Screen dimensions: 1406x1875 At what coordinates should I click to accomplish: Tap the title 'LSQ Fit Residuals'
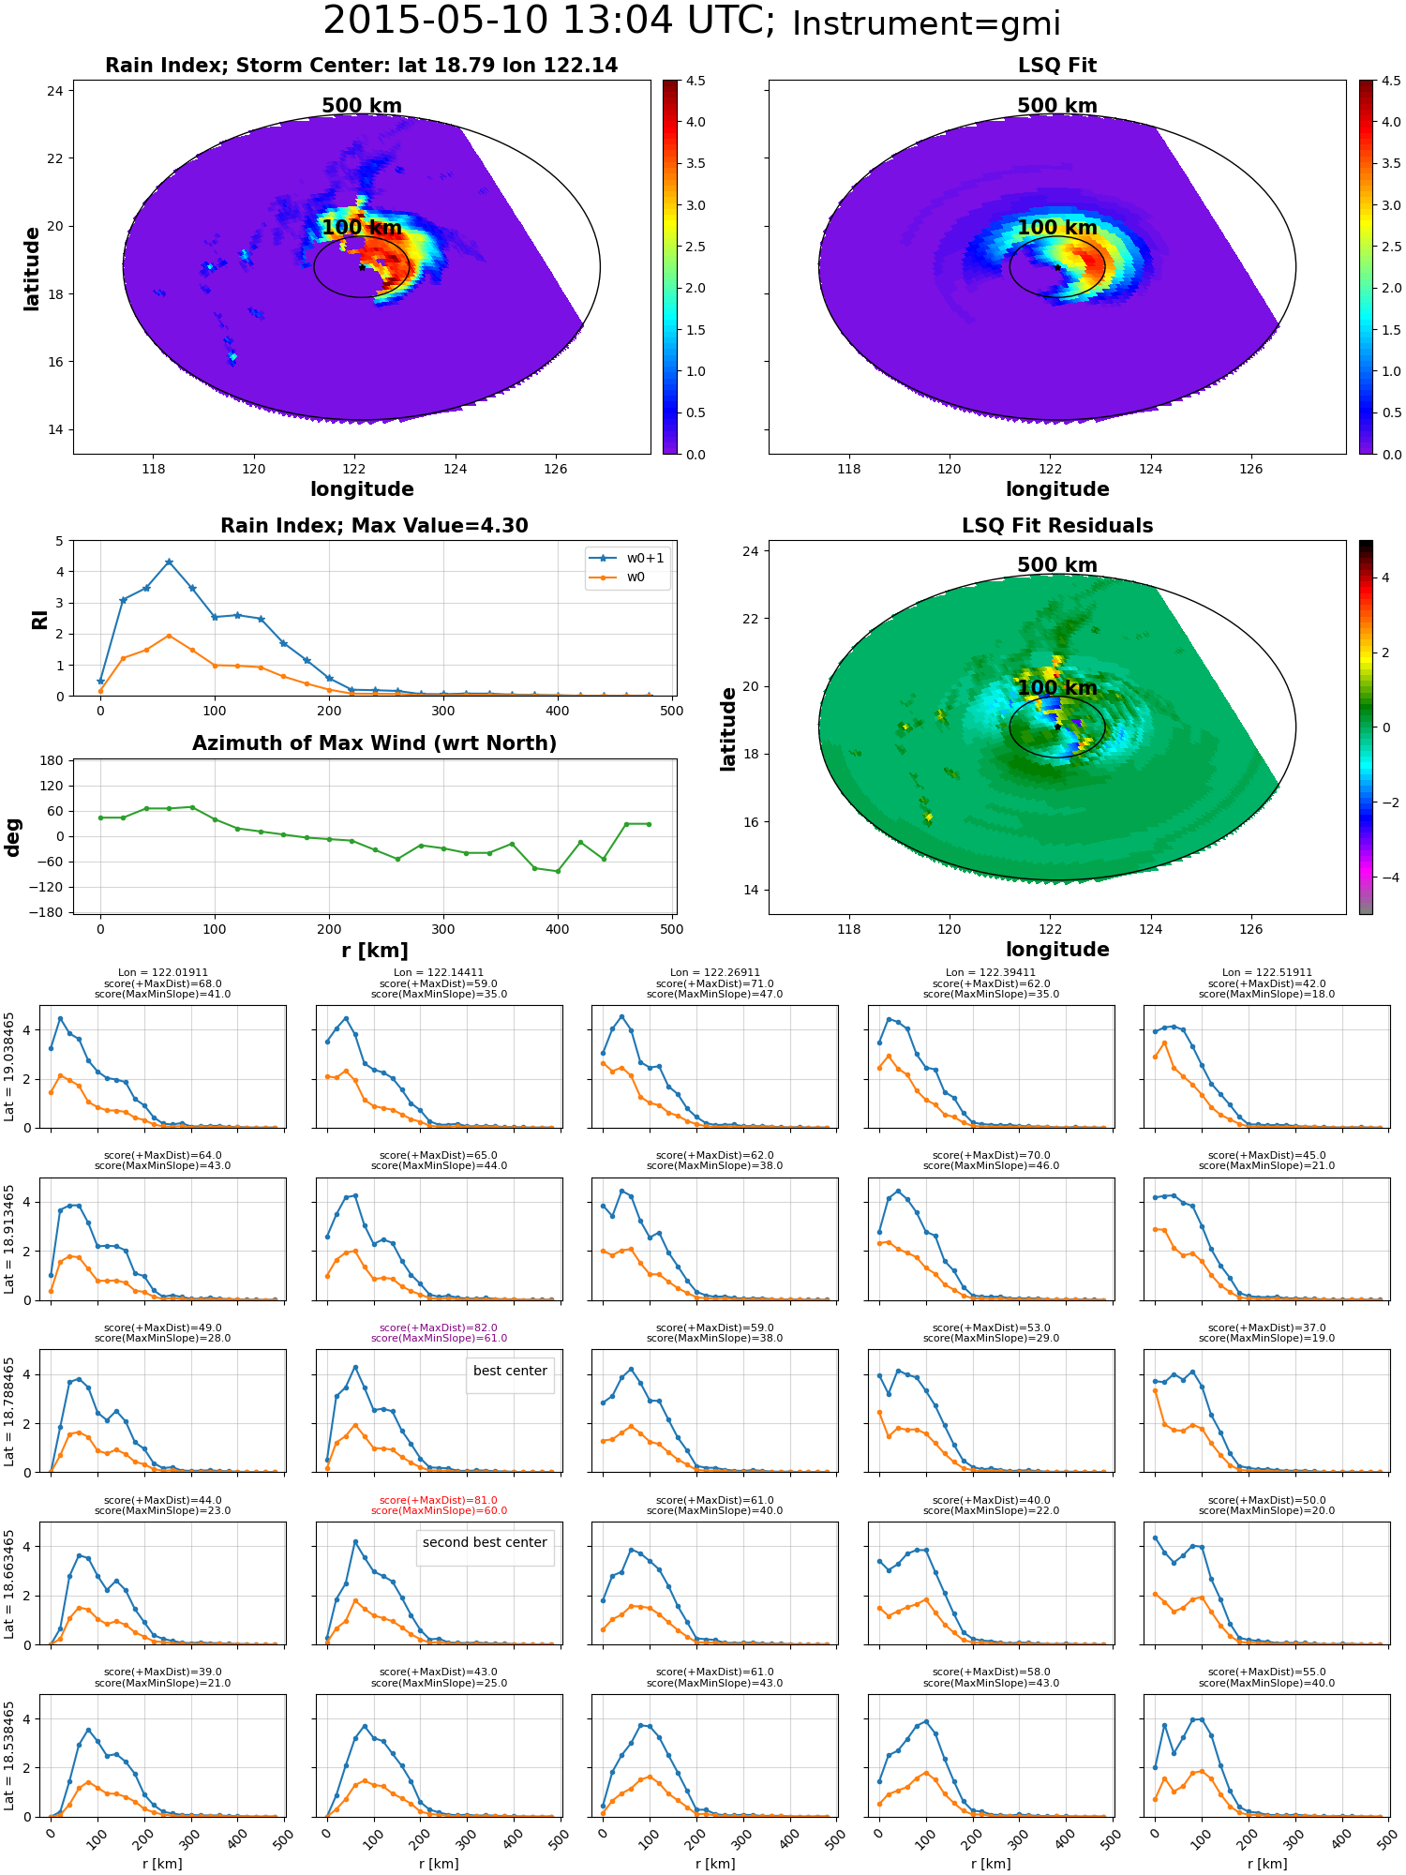pos(1057,526)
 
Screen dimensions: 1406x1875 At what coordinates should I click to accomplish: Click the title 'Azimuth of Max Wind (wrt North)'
pos(374,743)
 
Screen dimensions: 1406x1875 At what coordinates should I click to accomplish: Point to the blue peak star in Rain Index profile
pos(169,562)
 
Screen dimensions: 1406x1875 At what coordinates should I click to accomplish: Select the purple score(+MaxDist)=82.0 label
pos(439,1327)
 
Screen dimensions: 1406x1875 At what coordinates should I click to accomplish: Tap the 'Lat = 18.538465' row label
pos(9,1755)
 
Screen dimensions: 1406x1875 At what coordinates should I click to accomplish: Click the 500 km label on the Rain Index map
pos(362,106)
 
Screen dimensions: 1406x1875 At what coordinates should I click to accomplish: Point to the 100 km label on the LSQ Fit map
pos(1057,228)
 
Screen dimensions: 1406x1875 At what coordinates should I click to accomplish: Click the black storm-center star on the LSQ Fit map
pos(1057,267)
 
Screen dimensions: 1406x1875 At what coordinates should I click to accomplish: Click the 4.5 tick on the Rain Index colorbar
pos(696,81)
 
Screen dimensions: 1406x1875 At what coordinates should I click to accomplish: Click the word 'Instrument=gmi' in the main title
pos(926,23)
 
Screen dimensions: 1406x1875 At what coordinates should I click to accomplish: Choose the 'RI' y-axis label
pos(39,619)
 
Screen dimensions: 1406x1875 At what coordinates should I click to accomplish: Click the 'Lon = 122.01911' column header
pos(162,973)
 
